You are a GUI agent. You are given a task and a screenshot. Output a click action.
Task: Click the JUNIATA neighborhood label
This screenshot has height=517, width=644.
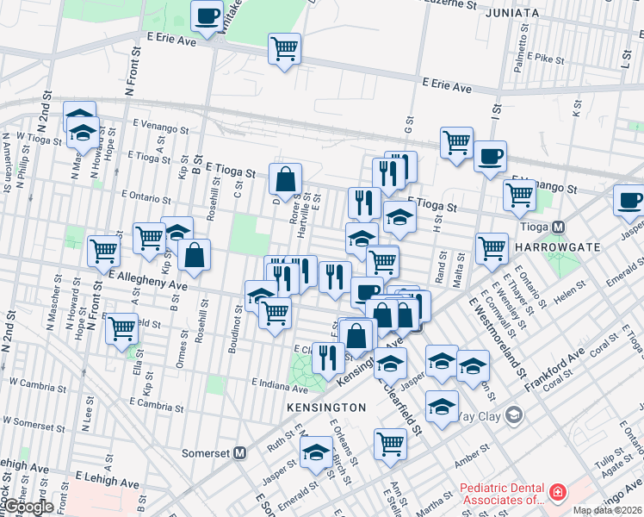point(511,13)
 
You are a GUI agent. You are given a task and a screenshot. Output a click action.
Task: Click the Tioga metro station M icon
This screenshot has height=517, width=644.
point(558,227)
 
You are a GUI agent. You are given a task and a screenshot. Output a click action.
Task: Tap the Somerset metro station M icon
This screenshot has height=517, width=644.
point(240,452)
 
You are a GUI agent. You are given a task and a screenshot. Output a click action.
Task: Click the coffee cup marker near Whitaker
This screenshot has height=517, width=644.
point(207,16)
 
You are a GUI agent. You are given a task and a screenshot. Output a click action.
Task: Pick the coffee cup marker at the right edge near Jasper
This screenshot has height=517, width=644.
point(629,199)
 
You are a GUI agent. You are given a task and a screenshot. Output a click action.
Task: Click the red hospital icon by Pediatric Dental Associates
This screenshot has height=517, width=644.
point(558,492)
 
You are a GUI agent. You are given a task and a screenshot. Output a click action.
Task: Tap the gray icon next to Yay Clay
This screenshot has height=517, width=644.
point(514,416)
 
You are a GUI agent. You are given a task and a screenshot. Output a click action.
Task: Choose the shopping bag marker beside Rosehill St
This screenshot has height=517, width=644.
point(196,254)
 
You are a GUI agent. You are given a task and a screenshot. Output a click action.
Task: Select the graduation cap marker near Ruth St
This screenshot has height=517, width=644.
point(316,450)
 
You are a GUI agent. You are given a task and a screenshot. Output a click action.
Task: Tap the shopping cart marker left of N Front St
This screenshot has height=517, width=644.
point(103,251)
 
